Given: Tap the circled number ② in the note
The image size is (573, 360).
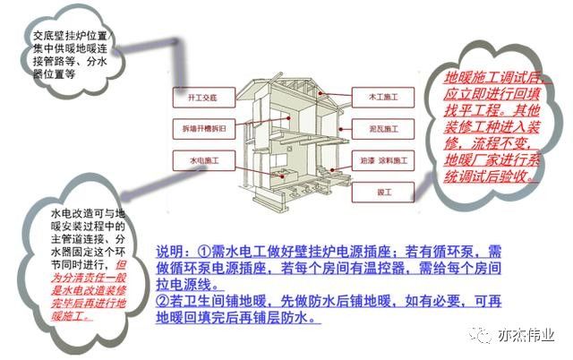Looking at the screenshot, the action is tap(162, 303).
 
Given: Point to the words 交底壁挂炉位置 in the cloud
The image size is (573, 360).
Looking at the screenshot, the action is tap(68, 36).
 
